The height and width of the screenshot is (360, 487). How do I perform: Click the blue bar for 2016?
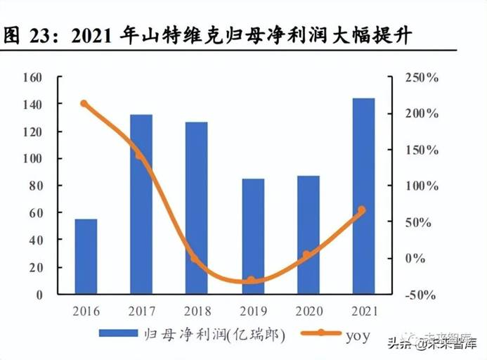(x=86, y=257)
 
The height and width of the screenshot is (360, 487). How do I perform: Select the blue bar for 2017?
(x=141, y=204)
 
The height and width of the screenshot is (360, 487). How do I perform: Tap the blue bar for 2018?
(x=197, y=207)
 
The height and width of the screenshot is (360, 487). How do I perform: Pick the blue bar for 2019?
(x=252, y=236)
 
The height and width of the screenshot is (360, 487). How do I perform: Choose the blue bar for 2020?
(x=308, y=235)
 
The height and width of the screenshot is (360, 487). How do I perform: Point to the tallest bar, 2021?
(x=363, y=196)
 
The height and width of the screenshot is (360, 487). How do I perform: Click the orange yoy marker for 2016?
(x=84, y=104)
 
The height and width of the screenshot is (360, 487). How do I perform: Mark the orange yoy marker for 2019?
(x=251, y=281)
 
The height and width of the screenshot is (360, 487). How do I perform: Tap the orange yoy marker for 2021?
(x=362, y=210)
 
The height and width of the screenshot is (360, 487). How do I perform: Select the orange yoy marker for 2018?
(x=195, y=258)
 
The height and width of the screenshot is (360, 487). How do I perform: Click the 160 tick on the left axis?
(x=32, y=77)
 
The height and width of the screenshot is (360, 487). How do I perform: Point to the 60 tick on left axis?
(x=35, y=213)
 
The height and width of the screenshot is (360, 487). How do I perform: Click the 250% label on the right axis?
(x=422, y=77)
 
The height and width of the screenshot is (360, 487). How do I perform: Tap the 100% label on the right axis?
(x=422, y=186)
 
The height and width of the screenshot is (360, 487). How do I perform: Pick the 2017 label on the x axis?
(x=141, y=311)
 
